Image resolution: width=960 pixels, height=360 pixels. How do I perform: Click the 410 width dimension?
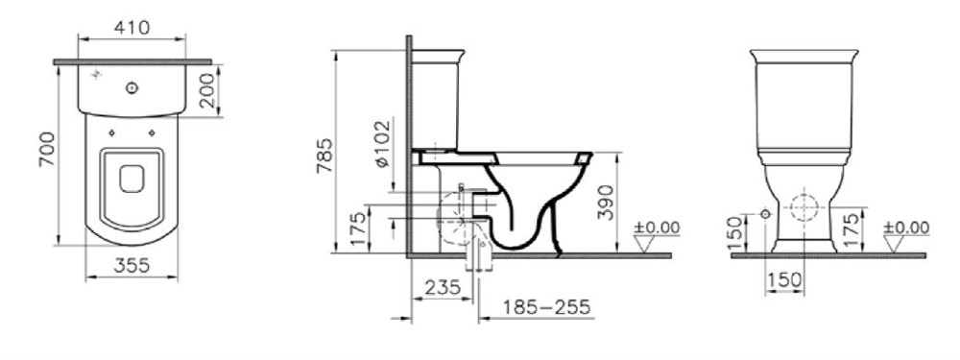coord(132,28)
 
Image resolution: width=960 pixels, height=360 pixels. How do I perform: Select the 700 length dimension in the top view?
coord(48,150)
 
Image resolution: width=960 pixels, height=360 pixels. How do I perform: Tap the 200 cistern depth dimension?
coord(207,90)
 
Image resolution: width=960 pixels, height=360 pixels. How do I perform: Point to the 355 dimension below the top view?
coord(132,265)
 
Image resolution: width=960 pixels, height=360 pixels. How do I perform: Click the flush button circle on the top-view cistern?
coord(132,88)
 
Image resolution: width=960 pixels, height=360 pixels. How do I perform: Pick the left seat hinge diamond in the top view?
coord(111,132)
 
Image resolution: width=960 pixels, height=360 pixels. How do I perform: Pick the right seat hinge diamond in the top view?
coord(152,132)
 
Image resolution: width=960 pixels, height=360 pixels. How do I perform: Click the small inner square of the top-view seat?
coord(132,180)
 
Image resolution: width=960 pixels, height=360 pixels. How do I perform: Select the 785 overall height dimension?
coord(325,156)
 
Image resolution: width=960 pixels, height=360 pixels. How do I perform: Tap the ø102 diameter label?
coord(381,145)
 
